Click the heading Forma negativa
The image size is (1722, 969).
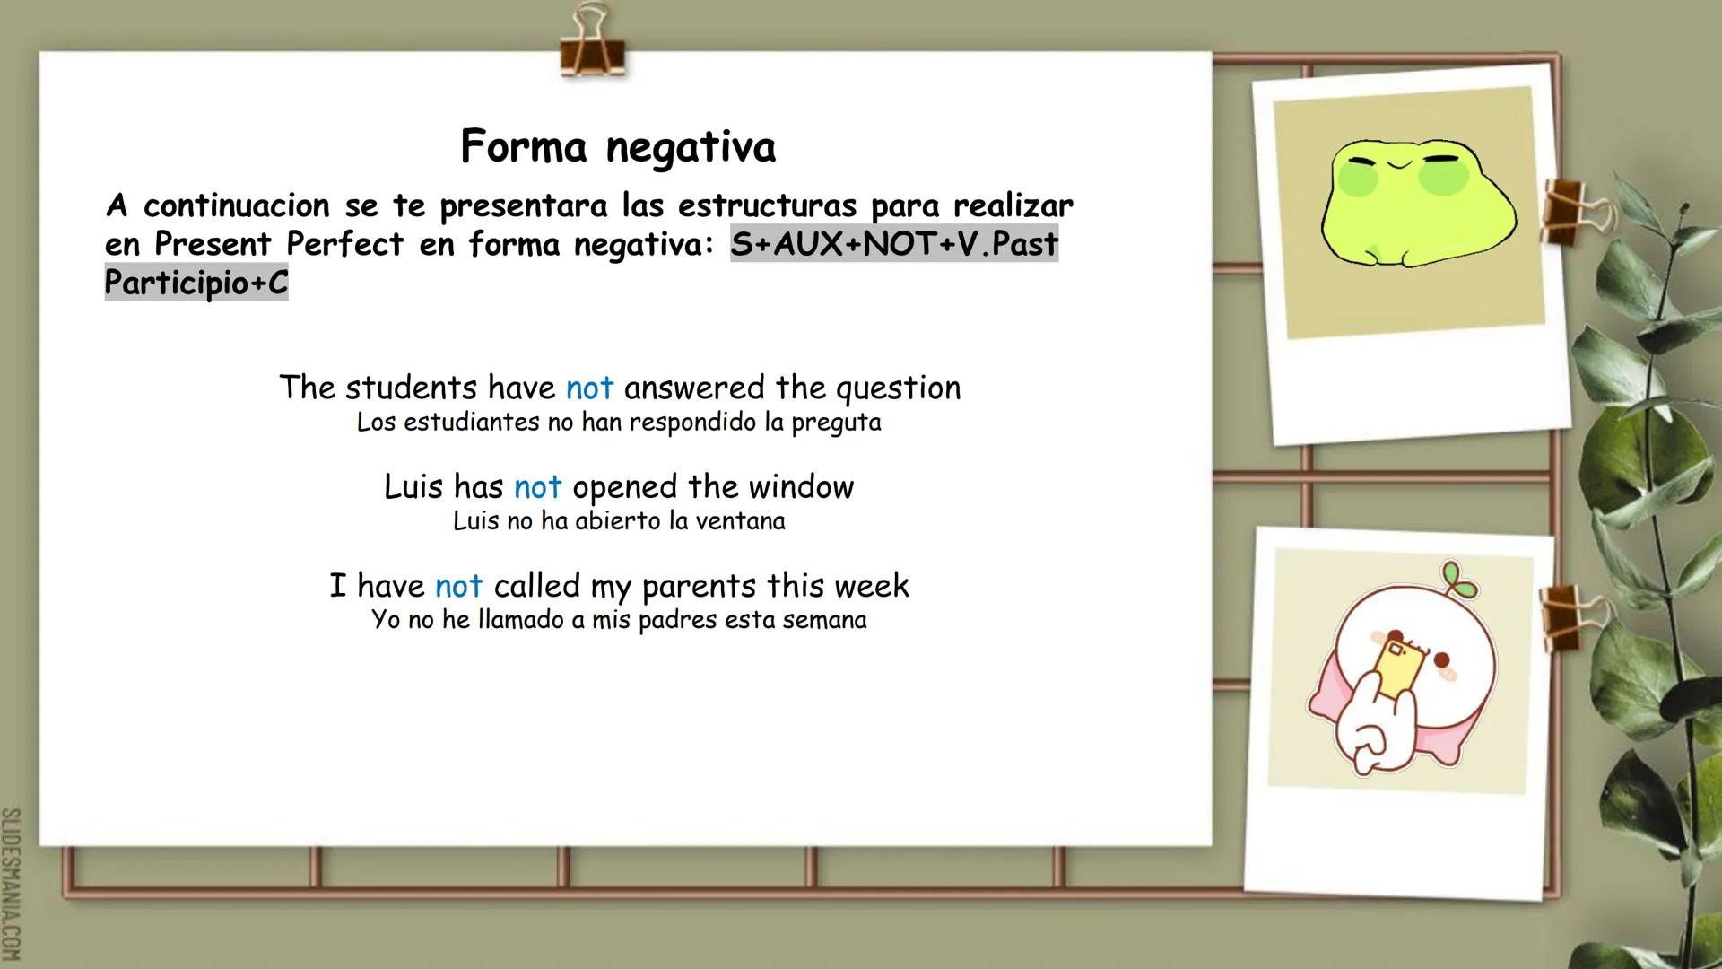coord(618,146)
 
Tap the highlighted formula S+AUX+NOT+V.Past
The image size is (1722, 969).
coord(894,244)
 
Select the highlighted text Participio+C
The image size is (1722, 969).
coord(196,283)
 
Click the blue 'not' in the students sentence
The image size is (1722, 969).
coord(589,388)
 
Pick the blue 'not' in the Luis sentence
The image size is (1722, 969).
coord(537,487)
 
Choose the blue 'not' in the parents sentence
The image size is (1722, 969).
coord(458,586)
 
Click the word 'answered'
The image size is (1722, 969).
coord(694,388)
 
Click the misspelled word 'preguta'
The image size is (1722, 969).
coord(836,423)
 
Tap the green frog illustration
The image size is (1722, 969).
coord(1417,205)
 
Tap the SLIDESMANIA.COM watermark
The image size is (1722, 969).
coord(12,884)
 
